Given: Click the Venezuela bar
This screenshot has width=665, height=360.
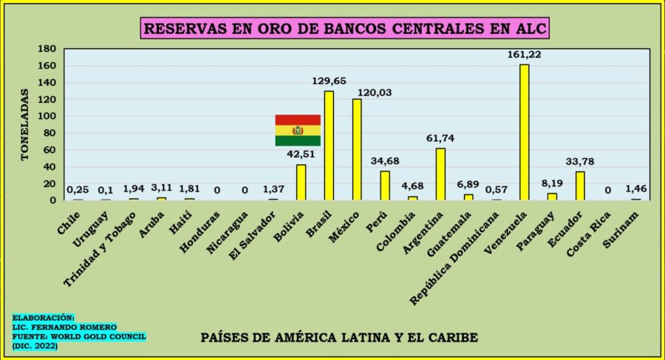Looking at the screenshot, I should click(x=524, y=132).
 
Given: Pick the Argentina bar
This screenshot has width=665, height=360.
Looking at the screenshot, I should click(x=440, y=174).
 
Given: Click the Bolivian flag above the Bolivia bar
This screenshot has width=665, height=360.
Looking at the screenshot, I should click(x=298, y=130).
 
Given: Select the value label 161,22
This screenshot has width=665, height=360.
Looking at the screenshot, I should click(x=524, y=55).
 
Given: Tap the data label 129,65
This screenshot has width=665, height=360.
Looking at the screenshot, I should click(x=329, y=81).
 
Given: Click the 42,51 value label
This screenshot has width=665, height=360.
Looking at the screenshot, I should click(x=301, y=154).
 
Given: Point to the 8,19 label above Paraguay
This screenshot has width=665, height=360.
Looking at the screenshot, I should click(x=552, y=184).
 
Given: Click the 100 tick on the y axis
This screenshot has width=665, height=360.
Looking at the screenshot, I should click(x=48, y=116).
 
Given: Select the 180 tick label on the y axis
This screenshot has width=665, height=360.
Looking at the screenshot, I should click(x=48, y=49).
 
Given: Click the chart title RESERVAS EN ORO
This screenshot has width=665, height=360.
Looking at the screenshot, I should click(x=345, y=30).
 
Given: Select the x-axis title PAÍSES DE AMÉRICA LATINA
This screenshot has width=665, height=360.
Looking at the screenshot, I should click(x=339, y=338).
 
